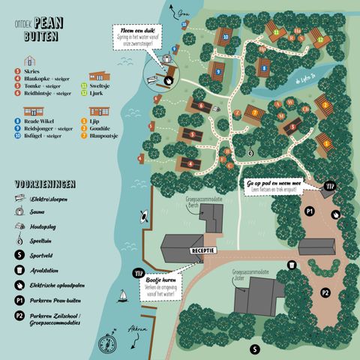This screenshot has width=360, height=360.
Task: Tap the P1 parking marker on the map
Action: coord(309,212)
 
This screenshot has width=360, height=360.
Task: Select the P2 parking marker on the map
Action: coord(325,292)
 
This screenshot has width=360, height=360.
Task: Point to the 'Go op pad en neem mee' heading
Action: coord(283,182)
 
